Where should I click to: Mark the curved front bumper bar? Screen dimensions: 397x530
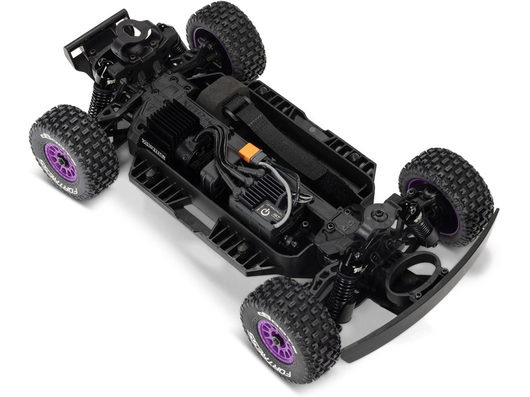pyautogui.click(x=431, y=291)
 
